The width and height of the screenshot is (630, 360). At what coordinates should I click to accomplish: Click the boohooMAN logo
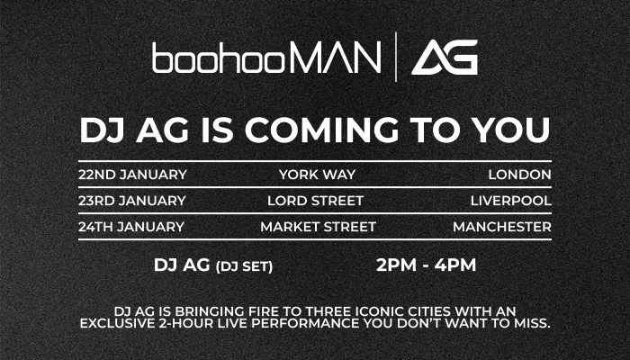[x=266, y=58]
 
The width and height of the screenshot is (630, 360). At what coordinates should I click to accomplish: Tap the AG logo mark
[x=445, y=57]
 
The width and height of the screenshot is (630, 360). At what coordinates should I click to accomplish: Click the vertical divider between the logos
[x=396, y=57]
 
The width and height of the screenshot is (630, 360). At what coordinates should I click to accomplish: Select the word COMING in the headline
[x=322, y=130]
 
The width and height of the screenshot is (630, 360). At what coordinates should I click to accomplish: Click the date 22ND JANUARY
[x=132, y=175]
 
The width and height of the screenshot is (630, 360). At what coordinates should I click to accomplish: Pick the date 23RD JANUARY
[x=132, y=201]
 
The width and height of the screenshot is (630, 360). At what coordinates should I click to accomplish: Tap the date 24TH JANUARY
[x=131, y=227]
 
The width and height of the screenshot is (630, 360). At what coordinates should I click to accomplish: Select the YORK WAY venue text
[x=318, y=175]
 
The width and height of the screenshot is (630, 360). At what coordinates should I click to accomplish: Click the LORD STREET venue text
[x=315, y=201]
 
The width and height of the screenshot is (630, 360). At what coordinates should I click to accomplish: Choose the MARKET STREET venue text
[x=319, y=227]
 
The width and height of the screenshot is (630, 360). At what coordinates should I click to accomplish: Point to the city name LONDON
[x=520, y=175]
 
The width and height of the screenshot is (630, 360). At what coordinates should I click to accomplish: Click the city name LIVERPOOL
[x=511, y=201]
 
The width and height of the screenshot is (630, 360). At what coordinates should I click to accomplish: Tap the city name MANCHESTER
[x=502, y=227]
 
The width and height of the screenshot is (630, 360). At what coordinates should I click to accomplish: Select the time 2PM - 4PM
[x=427, y=265]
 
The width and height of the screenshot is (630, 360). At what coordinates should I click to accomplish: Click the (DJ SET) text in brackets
[x=244, y=266]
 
